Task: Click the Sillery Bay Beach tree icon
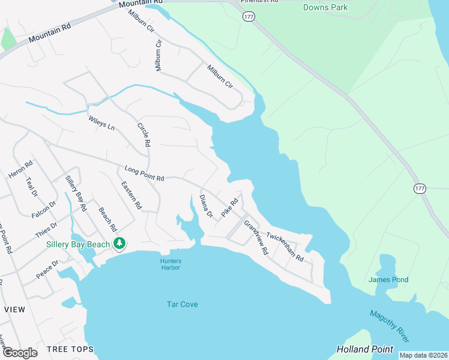tap(120, 244)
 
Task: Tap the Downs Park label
tap(326, 7)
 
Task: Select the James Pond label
tap(388, 280)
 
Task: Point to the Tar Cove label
tap(182, 304)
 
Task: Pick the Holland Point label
tap(365, 349)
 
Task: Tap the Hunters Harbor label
tap(170, 264)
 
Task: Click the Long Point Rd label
tap(144, 174)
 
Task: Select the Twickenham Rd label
tap(286, 247)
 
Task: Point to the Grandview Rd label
tap(256, 236)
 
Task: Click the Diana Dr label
tap(206, 206)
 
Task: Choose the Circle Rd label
tap(143, 136)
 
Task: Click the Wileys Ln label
tap(101, 121)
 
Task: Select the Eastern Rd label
tap(131, 195)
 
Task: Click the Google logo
tap(19, 353)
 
